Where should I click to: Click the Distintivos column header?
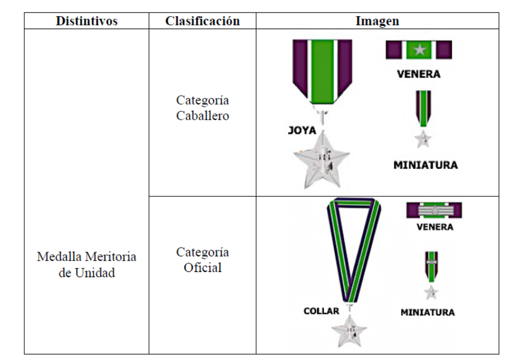[86, 21]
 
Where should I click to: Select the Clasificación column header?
[202, 21]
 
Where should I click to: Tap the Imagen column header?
[377, 21]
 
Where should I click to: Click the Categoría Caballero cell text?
[202, 108]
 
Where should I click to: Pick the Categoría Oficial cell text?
[202, 260]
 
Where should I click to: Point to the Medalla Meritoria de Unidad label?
[86, 265]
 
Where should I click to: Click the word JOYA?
[302, 131]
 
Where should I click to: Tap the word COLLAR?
[321, 311]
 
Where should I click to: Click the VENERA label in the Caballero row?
[419, 74]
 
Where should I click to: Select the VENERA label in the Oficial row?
[434, 227]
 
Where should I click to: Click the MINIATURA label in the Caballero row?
[425, 166]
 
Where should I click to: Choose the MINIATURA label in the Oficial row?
[428, 313]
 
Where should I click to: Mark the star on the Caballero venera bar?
[419, 50]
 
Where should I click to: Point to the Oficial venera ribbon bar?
[434, 210]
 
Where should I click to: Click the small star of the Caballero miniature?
[424, 138]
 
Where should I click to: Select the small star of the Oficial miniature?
[431, 293]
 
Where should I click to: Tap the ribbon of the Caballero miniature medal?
[424, 108]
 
